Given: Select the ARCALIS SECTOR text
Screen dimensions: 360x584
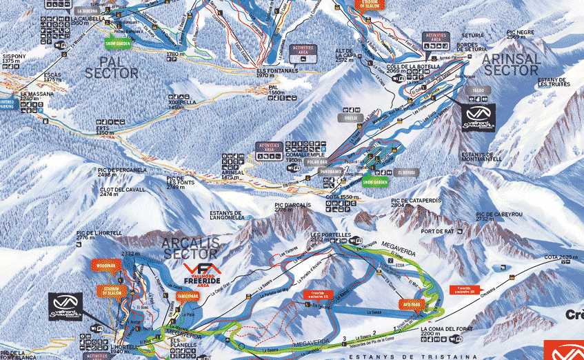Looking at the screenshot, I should pyautogui.click(x=190, y=247).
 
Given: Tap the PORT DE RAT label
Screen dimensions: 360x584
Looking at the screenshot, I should pyautogui.click(x=439, y=232).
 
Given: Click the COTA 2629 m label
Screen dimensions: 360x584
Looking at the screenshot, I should pyautogui.click(x=559, y=257).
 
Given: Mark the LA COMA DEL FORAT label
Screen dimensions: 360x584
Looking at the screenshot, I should pyautogui.click(x=446, y=332).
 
